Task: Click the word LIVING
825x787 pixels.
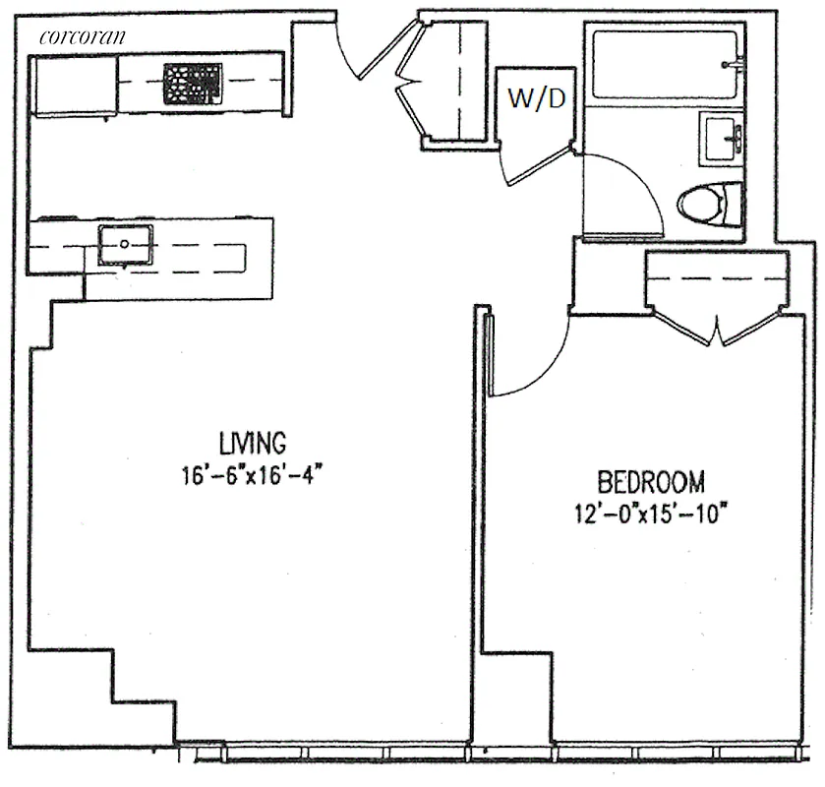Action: (253, 440)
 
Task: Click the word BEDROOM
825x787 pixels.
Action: (651, 482)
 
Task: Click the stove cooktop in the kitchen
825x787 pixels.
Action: (192, 84)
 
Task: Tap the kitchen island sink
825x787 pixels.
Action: (125, 244)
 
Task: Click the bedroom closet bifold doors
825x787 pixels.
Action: (718, 325)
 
